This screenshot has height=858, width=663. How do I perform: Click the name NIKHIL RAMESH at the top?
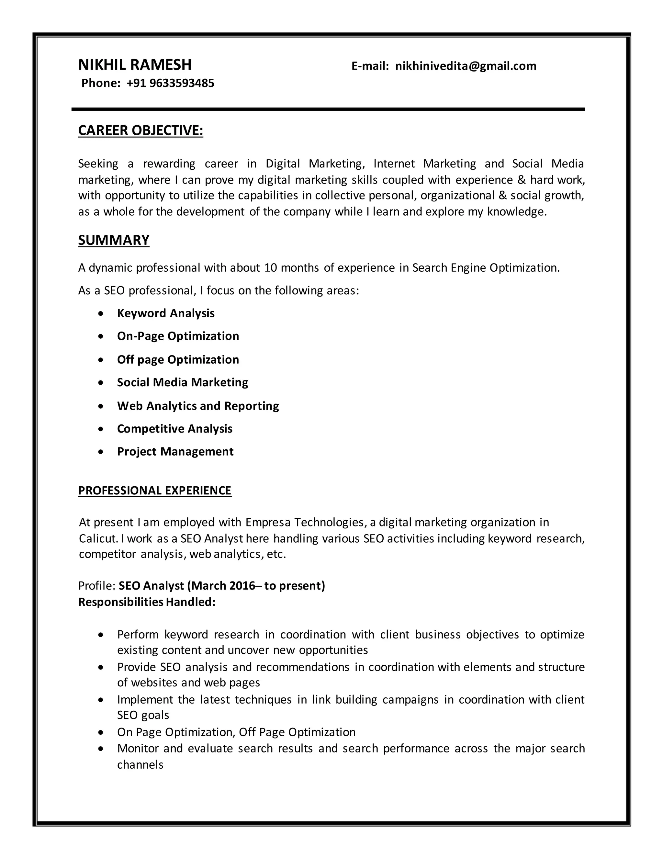point(135,65)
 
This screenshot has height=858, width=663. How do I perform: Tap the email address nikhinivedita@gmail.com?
point(466,66)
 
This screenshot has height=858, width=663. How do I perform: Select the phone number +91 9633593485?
point(171,83)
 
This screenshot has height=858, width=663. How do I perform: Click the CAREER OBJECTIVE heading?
point(140,130)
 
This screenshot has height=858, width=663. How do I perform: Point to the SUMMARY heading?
point(114,240)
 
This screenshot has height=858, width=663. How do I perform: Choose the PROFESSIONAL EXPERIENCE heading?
point(155,491)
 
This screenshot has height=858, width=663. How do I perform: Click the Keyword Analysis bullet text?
point(166,313)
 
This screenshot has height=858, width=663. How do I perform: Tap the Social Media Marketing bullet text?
point(182,382)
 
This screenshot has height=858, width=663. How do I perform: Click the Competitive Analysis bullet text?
point(174,429)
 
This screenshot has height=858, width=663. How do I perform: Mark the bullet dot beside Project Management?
point(101,452)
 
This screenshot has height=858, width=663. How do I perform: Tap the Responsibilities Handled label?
point(147,602)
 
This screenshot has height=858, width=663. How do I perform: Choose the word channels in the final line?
point(140,764)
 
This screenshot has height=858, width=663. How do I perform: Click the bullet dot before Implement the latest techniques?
point(101,700)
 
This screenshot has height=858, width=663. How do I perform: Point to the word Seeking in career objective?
point(98,164)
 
